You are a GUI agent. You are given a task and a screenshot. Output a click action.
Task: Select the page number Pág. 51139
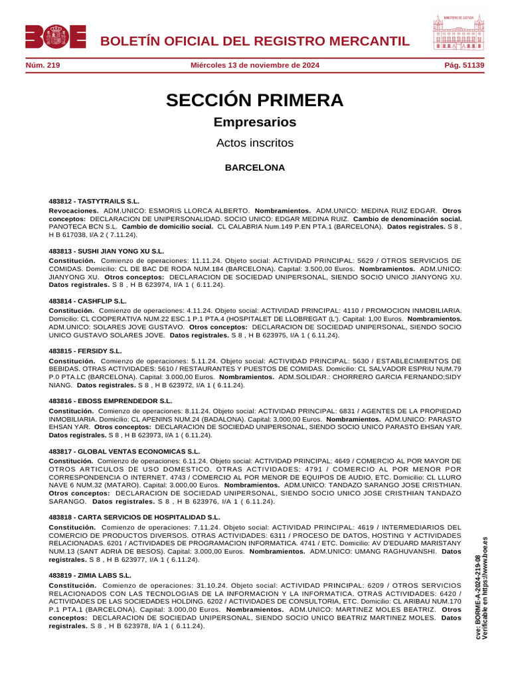pos(464,65)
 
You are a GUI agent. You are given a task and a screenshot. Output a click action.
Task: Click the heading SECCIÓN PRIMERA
pos(255,101)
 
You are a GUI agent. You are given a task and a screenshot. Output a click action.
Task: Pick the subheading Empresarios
pos(255,123)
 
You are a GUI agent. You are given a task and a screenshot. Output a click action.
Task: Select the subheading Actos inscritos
pos(255,143)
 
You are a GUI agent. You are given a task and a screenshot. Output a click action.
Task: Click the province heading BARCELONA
pos(255,168)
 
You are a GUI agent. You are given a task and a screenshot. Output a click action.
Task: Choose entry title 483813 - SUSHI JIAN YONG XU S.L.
pos(106,252)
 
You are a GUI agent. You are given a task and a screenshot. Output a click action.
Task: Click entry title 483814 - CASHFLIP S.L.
pos(88,301)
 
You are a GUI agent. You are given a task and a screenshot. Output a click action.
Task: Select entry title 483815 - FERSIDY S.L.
pos(86,351)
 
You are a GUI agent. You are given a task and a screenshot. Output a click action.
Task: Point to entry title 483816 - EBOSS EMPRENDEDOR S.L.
pos(110,401)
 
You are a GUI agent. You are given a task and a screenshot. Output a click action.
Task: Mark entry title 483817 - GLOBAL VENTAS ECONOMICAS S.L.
pos(124,452)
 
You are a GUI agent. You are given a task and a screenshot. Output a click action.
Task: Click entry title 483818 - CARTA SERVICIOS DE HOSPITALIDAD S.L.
pos(134,517)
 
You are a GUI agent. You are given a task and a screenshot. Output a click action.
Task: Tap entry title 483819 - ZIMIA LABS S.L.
pos(90,575)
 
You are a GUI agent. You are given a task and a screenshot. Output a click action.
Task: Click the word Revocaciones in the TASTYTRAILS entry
pos(73,209)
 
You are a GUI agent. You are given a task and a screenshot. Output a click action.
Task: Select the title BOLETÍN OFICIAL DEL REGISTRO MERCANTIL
pos(254,41)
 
